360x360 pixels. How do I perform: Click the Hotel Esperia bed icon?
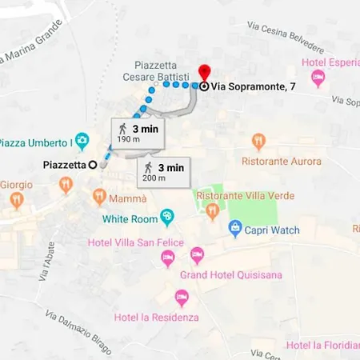[x=318, y=78]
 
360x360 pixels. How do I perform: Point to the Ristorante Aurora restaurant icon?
[x=258, y=142]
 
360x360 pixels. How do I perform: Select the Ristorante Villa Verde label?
[x=245, y=196]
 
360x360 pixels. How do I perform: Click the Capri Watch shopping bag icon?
[x=235, y=229]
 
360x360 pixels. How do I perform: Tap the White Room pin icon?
[x=166, y=216]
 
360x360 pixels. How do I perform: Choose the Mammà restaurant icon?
[x=99, y=195]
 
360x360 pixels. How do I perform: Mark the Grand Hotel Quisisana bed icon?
[x=197, y=257]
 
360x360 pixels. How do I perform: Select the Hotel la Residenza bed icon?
[x=181, y=298]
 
